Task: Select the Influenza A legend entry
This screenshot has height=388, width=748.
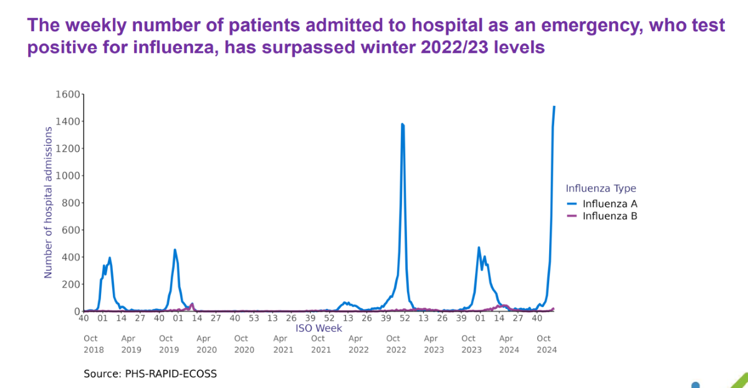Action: tap(609, 204)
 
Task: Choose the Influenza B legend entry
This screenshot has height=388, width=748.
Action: tap(609, 216)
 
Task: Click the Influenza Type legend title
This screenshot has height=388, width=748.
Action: tap(600, 188)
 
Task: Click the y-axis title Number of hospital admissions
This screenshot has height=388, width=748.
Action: tap(48, 202)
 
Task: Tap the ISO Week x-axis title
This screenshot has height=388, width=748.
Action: tap(319, 328)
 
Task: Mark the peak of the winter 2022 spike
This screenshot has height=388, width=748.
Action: tap(402, 124)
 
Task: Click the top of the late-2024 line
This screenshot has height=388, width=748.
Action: tap(554, 106)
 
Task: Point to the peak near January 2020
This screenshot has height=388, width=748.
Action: tap(175, 250)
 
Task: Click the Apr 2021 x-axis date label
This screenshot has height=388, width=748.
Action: tap(283, 344)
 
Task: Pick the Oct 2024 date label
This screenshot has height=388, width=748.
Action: tap(547, 344)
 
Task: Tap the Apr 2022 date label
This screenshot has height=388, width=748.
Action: tap(358, 344)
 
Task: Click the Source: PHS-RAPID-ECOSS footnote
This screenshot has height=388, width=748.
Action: tap(150, 374)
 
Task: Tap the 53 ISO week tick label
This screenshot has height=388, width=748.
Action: tap(254, 318)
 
